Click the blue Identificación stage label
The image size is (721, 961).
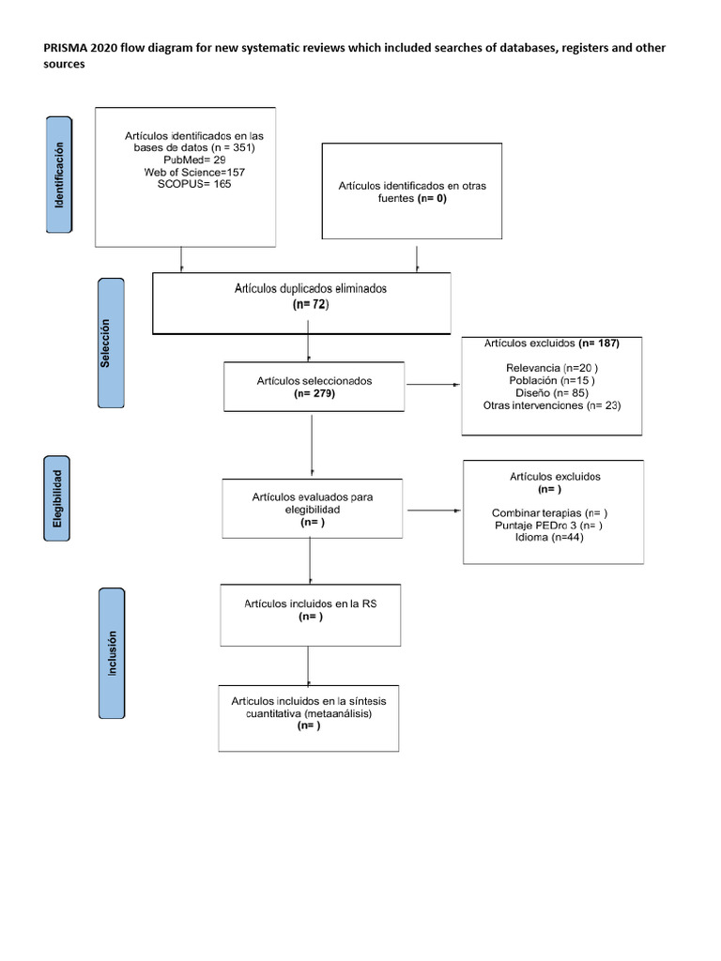pos(60,175)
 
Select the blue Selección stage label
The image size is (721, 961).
pos(112,343)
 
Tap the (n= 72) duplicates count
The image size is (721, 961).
pos(311,305)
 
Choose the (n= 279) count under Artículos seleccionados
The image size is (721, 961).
pos(314,394)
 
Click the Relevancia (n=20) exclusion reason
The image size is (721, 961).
pos(552,367)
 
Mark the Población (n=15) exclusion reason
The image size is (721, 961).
pos(552,380)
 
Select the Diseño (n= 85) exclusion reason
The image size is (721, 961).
pos(552,392)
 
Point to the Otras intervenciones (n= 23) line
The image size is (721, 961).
pos(552,405)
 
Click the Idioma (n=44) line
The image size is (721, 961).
pos(549,538)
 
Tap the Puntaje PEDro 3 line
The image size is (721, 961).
pos(549,526)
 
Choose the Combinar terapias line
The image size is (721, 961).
pos(549,513)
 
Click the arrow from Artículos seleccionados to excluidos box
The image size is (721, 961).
pos(433,385)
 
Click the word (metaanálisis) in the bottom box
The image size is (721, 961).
pos(334,713)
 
